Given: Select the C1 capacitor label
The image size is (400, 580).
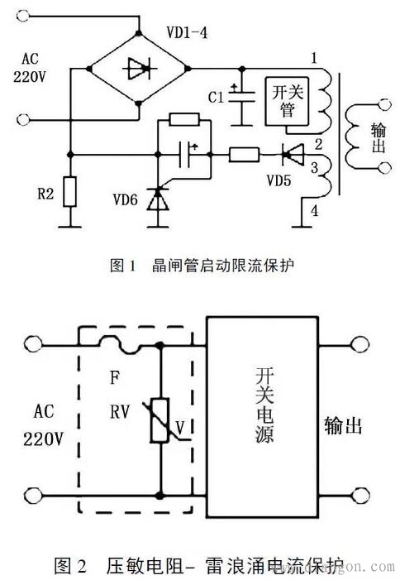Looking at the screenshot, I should click(x=217, y=98).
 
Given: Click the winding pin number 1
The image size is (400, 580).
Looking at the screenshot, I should click(x=313, y=58).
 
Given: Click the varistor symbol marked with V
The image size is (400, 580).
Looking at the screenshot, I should click(x=160, y=419).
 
